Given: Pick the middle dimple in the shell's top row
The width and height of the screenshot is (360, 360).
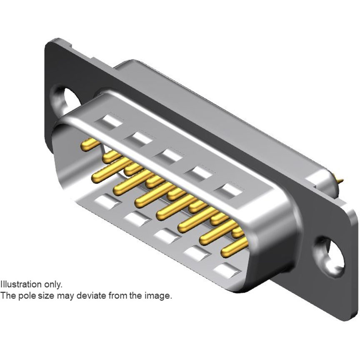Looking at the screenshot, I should [x=168, y=155].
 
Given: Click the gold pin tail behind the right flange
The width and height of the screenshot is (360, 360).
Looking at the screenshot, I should [x=340, y=180].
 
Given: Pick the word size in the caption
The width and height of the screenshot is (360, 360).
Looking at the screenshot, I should [x=40, y=296].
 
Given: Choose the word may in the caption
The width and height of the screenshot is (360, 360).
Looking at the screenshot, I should [x=57, y=296].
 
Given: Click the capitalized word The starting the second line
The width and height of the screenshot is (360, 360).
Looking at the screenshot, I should [x=6, y=296].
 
